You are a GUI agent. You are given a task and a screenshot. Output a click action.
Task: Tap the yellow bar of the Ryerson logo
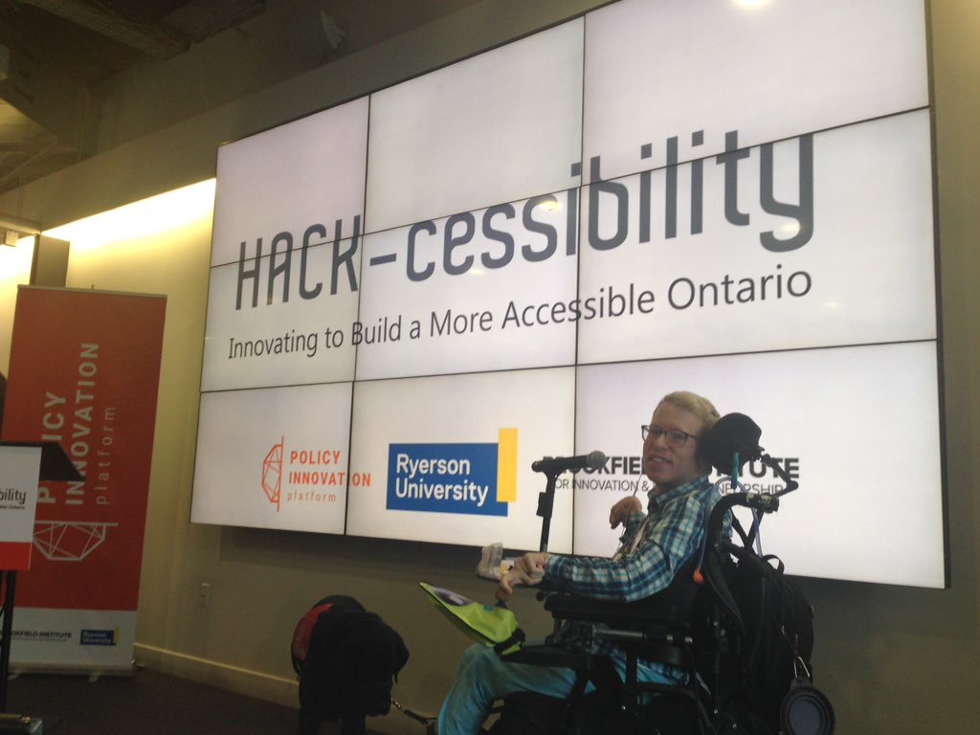pos(507,464)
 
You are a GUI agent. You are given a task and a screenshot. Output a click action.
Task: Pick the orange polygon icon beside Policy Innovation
pos(273,472)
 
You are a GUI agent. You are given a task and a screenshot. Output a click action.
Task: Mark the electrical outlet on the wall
pos(204,593)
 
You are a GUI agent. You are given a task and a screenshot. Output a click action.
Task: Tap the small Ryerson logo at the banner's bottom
pos(99,635)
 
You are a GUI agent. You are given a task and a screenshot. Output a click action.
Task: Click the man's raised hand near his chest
pos(625,511)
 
